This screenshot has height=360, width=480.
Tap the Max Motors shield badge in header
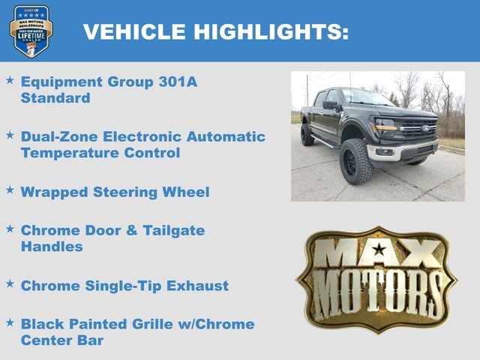click(31, 31)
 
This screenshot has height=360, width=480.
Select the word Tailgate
click(168, 230)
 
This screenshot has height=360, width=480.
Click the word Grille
click(154, 324)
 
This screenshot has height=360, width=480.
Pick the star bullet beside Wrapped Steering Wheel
click(10, 190)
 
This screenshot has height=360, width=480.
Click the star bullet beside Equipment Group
click(10, 79)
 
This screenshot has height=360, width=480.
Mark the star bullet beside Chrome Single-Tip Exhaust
click(10, 284)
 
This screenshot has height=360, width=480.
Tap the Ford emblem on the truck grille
click(425, 128)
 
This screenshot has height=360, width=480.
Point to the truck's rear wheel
click(307, 135)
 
